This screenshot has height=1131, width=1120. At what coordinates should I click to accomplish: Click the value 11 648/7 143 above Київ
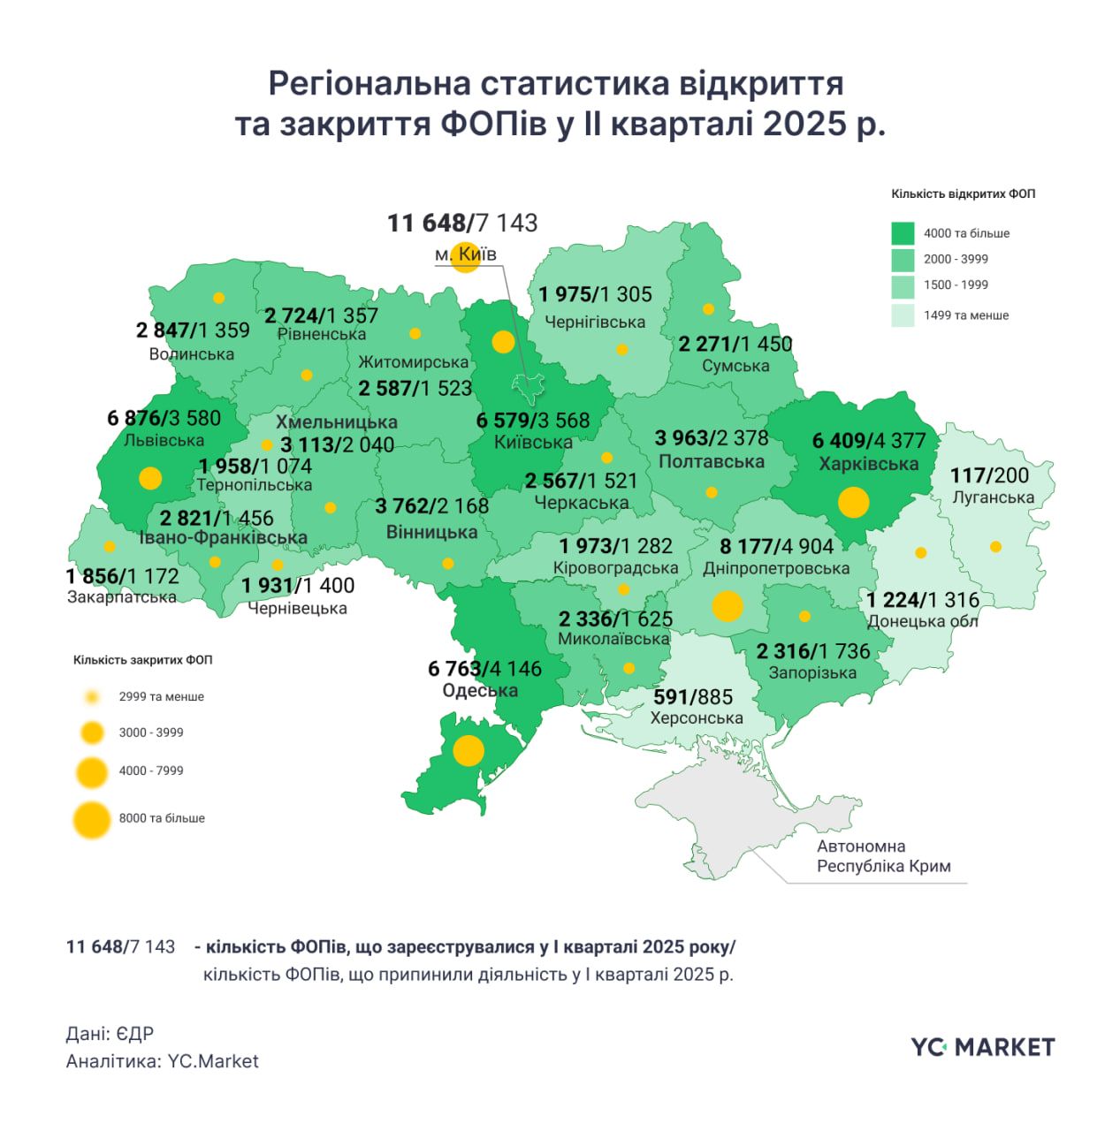tap(462, 223)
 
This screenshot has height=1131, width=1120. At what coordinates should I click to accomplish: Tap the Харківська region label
tap(868, 464)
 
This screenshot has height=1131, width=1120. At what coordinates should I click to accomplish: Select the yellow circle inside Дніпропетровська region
tap(728, 606)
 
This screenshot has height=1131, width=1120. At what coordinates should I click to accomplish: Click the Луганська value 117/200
tap(989, 475)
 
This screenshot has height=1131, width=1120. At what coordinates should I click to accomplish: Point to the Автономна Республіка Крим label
tap(883, 856)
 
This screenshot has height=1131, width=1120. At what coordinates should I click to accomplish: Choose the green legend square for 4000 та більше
tap(903, 233)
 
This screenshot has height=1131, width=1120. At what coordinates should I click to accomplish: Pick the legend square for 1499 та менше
tap(903, 315)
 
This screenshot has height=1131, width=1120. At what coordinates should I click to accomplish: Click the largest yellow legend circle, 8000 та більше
tap(92, 819)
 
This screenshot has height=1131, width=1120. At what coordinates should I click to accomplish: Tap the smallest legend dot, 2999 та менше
tap(92, 697)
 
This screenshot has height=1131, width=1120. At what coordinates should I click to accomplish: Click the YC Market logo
tap(982, 1047)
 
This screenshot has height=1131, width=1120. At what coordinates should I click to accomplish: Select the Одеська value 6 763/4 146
tap(484, 669)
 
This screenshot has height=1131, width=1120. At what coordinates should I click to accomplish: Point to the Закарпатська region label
tap(122, 597)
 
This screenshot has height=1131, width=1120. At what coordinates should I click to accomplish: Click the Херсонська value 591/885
tap(693, 697)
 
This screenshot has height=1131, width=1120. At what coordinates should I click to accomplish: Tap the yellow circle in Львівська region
tap(150, 478)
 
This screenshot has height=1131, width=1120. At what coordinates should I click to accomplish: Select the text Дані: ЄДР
tap(110, 1033)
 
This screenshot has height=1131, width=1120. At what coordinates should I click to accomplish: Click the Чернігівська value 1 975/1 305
tap(595, 294)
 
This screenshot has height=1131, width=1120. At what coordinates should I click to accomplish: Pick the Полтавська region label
tap(711, 461)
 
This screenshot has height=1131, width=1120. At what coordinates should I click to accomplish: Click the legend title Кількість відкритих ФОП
tap(963, 194)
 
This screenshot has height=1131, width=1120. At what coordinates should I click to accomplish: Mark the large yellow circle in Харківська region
tap(853, 502)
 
